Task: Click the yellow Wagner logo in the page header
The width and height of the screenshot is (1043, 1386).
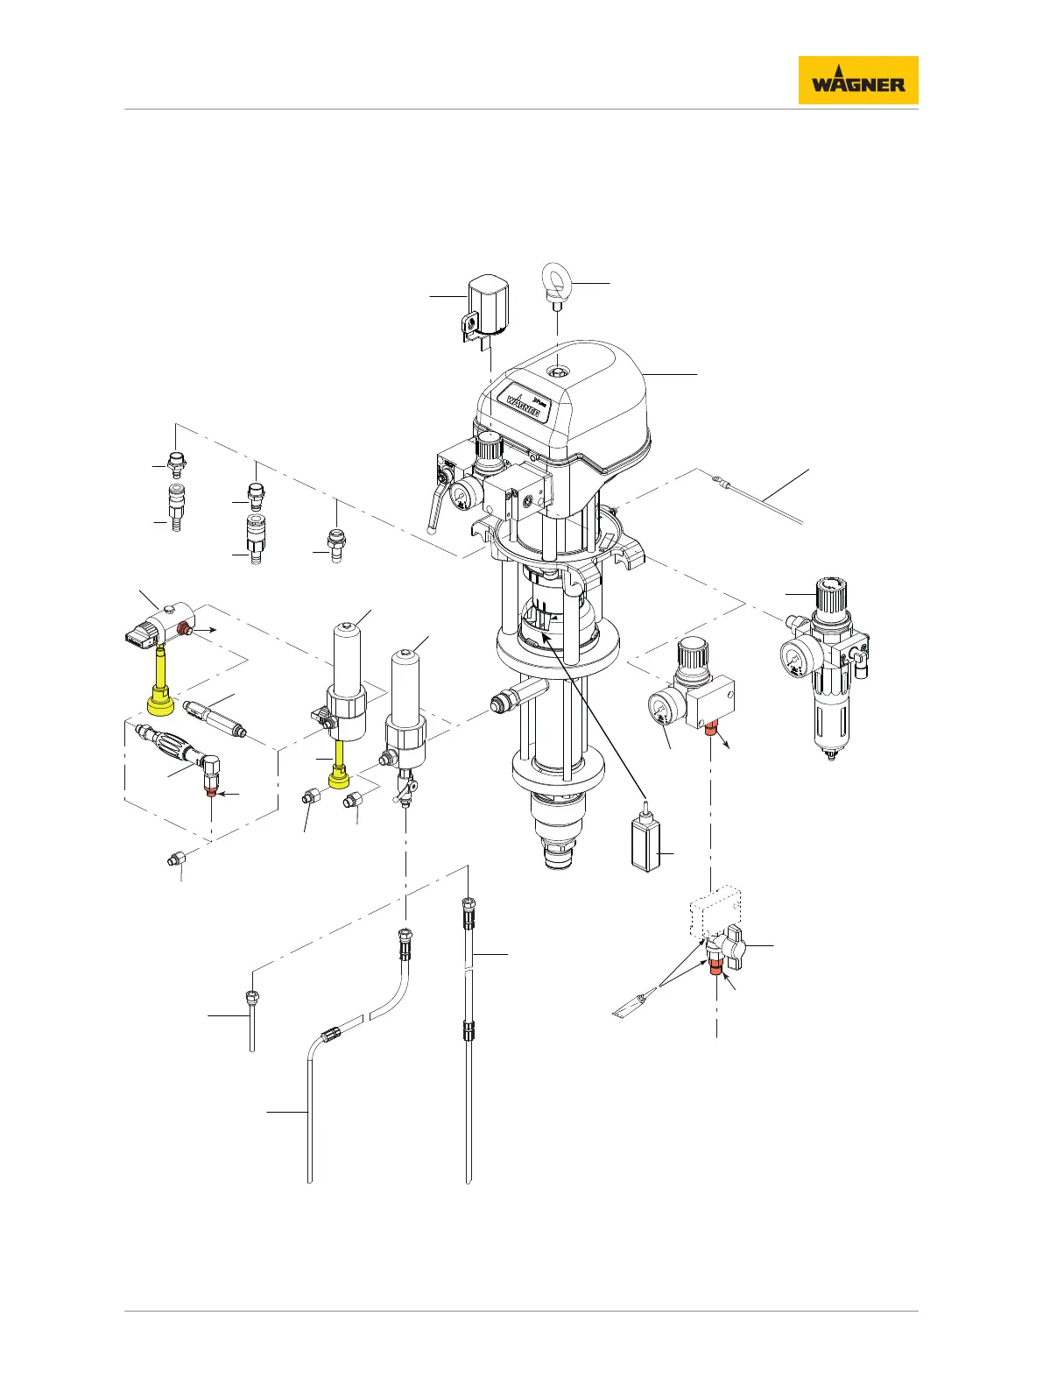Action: [x=857, y=81]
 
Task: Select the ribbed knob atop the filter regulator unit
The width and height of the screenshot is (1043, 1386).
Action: [x=831, y=593]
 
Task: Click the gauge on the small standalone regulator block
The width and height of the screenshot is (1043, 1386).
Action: [x=663, y=704]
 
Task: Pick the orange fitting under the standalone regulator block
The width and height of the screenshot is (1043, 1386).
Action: [x=711, y=729]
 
